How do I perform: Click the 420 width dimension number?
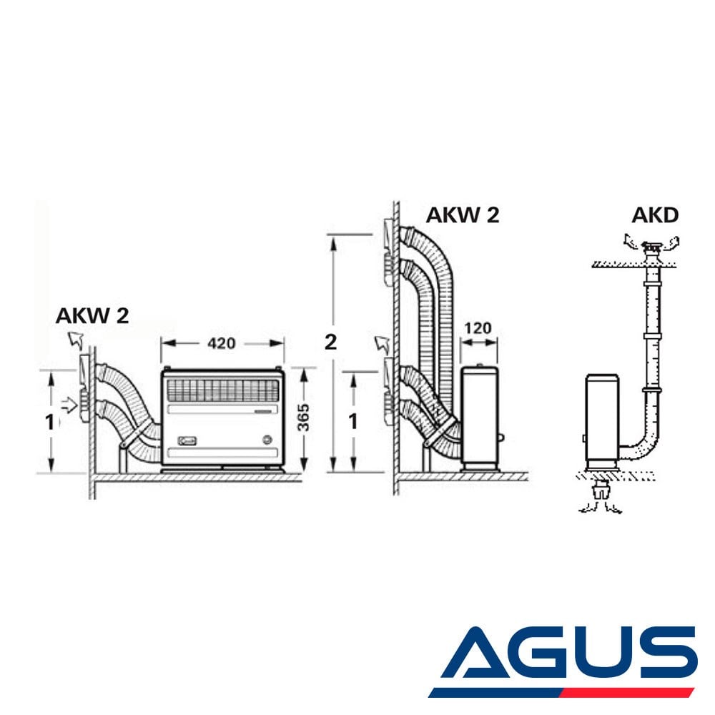pos(221,343)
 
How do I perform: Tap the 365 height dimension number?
pos(303,418)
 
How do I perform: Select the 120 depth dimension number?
pos(478,328)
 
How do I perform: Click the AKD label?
pos(655,215)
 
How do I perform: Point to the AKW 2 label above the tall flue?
pos(463,214)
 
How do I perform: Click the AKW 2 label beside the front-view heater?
pos(92,315)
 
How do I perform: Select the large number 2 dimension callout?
pos(330,342)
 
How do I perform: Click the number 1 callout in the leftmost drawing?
pos(50,423)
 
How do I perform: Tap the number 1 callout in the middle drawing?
pos(353,422)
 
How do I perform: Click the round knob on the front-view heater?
pos(267,440)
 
